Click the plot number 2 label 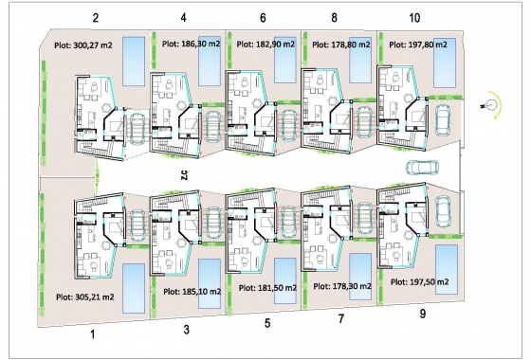coord(96,18)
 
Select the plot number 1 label coord(93,334)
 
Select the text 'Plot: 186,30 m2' coord(193,44)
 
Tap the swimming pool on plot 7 coord(360,273)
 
